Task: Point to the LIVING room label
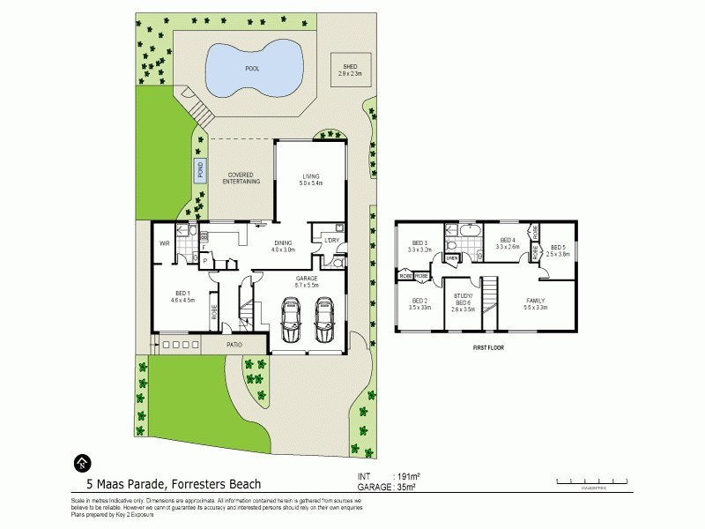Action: coord(310,179)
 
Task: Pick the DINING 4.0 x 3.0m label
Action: coord(283,246)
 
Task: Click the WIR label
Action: coord(165,242)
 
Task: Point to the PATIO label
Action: coord(234,345)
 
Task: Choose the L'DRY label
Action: coord(332,242)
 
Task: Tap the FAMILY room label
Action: coord(536,303)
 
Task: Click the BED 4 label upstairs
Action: coord(507,243)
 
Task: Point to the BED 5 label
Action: coord(559,250)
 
